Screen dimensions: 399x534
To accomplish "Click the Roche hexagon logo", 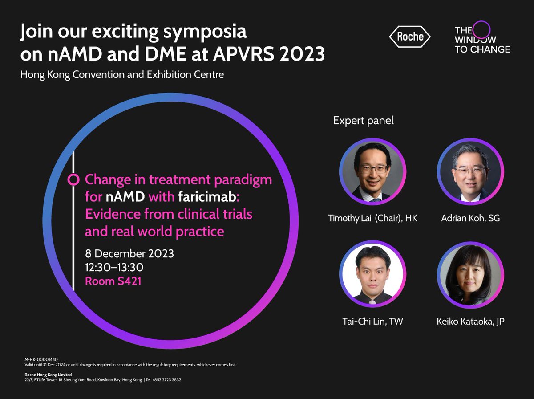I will pyautogui.click(x=410, y=37).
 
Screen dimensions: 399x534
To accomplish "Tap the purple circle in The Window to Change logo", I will pyautogui.click(x=481, y=30).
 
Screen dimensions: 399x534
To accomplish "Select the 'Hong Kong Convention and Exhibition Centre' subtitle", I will pyautogui.click(x=122, y=74).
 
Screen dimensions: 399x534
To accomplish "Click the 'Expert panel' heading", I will pyautogui.click(x=364, y=120).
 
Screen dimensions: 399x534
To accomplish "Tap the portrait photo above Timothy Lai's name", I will pyautogui.click(x=372, y=171).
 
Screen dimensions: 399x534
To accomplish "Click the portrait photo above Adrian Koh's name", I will pyautogui.click(x=470, y=171).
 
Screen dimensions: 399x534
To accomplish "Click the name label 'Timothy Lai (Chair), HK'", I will pyautogui.click(x=372, y=218).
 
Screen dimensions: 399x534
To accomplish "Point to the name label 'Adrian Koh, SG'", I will pyautogui.click(x=471, y=218).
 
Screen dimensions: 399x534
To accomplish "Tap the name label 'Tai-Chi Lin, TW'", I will pyautogui.click(x=372, y=321).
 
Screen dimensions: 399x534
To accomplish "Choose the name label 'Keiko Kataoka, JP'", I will pyautogui.click(x=470, y=321).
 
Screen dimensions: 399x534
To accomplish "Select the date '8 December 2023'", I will pyautogui.click(x=129, y=254).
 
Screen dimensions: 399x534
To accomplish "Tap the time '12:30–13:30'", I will pyautogui.click(x=114, y=267).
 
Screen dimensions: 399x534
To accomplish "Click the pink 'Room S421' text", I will pyautogui.click(x=113, y=281).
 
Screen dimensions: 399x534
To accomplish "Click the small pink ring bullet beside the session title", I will pyautogui.click(x=73, y=179).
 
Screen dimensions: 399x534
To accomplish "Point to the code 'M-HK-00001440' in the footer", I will pyautogui.click(x=41, y=359).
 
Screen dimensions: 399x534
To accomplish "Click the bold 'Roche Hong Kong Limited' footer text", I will pyautogui.click(x=48, y=375).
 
